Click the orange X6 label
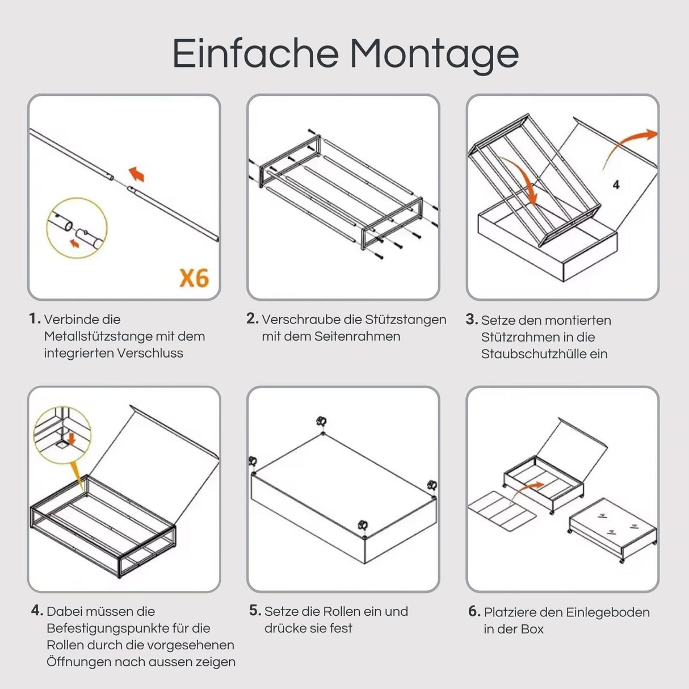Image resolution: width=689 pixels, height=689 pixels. point(194,278)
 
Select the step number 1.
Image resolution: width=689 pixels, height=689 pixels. point(35,318)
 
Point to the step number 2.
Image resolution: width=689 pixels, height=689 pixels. point(253,318)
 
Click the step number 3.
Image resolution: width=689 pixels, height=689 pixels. point(472,320)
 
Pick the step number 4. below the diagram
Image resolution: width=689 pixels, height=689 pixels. point(37,610)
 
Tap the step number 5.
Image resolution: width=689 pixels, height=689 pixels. point(255,610)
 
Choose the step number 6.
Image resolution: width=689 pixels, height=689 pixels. point(474,611)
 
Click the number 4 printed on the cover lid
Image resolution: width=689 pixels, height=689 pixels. point(616,185)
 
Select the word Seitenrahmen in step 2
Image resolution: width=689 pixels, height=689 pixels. point(357,336)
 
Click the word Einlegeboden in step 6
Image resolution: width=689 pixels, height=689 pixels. point(608,612)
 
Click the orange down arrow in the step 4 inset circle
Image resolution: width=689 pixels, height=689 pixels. point(72,439)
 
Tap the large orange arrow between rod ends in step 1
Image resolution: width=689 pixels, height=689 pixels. point(137,174)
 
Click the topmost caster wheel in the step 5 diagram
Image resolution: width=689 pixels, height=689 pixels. point(321,421)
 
